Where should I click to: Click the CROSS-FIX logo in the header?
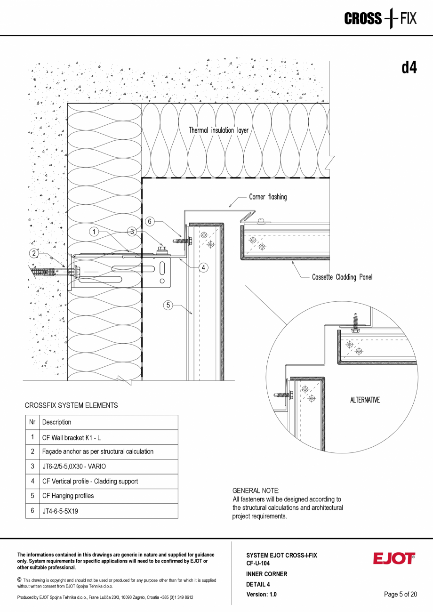coord(380,19)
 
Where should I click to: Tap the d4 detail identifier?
coord(409,68)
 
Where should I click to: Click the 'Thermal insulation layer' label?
coord(218,130)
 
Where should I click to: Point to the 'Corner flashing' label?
coord(268,197)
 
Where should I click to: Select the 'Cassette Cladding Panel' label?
coord(342,277)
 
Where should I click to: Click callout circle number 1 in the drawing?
coord(94,231)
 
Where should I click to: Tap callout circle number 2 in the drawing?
coord(34,253)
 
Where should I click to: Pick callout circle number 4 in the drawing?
coord(203,267)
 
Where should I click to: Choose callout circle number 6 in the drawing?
coord(149,221)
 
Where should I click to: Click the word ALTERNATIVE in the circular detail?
coord(365,400)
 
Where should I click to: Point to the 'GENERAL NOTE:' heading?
coord(256,491)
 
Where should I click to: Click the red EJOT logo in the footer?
coord(394,558)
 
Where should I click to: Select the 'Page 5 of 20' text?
coord(401,594)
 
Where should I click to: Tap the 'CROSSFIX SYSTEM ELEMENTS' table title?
coord(71,405)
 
